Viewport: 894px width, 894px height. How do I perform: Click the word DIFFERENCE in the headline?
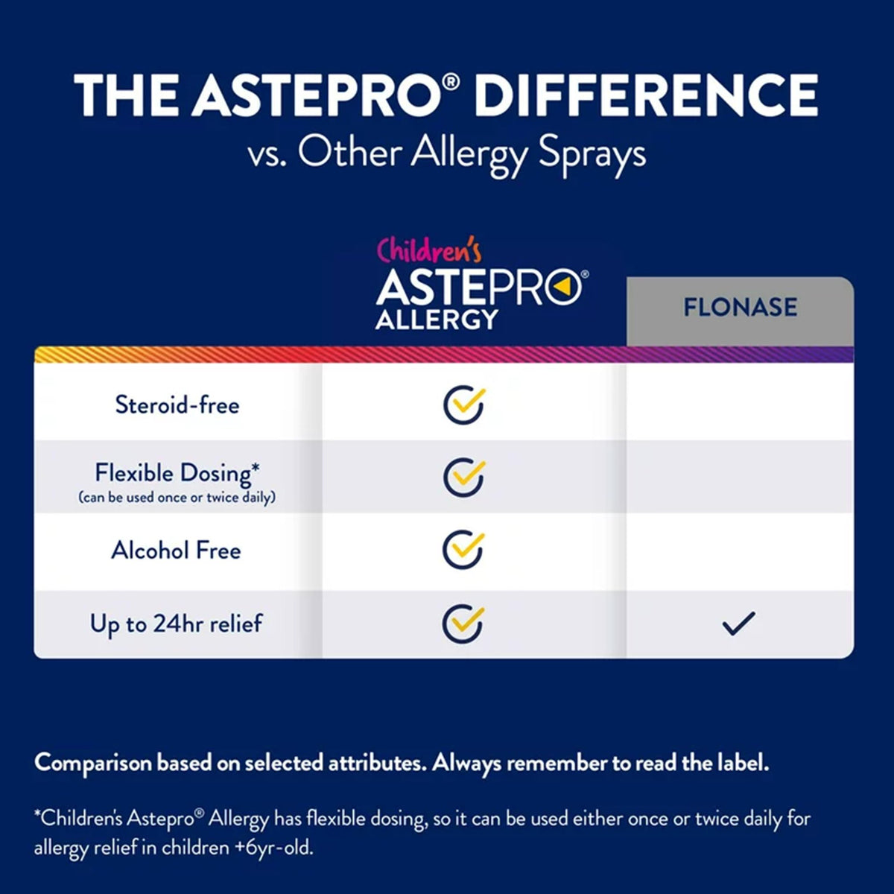(x=646, y=95)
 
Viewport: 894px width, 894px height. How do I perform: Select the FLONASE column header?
(x=740, y=308)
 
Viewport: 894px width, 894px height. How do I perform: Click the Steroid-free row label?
(x=177, y=405)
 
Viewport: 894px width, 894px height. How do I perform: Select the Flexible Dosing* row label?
(x=177, y=473)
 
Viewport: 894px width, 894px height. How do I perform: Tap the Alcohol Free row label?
(x=177, y=551)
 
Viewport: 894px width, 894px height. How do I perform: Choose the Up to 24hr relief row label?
(x=177, y=624)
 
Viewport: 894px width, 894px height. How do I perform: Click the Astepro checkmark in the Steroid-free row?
(x=464, y=405)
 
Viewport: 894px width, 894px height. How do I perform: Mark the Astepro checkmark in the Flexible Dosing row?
(x=464, y=477)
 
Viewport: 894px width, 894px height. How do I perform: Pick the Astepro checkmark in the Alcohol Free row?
(x=463, y=550)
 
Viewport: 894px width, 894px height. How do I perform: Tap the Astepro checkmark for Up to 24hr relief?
(x=463, y=624)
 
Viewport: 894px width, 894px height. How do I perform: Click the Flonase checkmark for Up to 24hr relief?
(x=739, y=624)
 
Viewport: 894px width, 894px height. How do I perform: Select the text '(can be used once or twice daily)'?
(x=177, y=498)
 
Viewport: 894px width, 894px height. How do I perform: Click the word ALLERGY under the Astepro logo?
(x=437, y=320)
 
